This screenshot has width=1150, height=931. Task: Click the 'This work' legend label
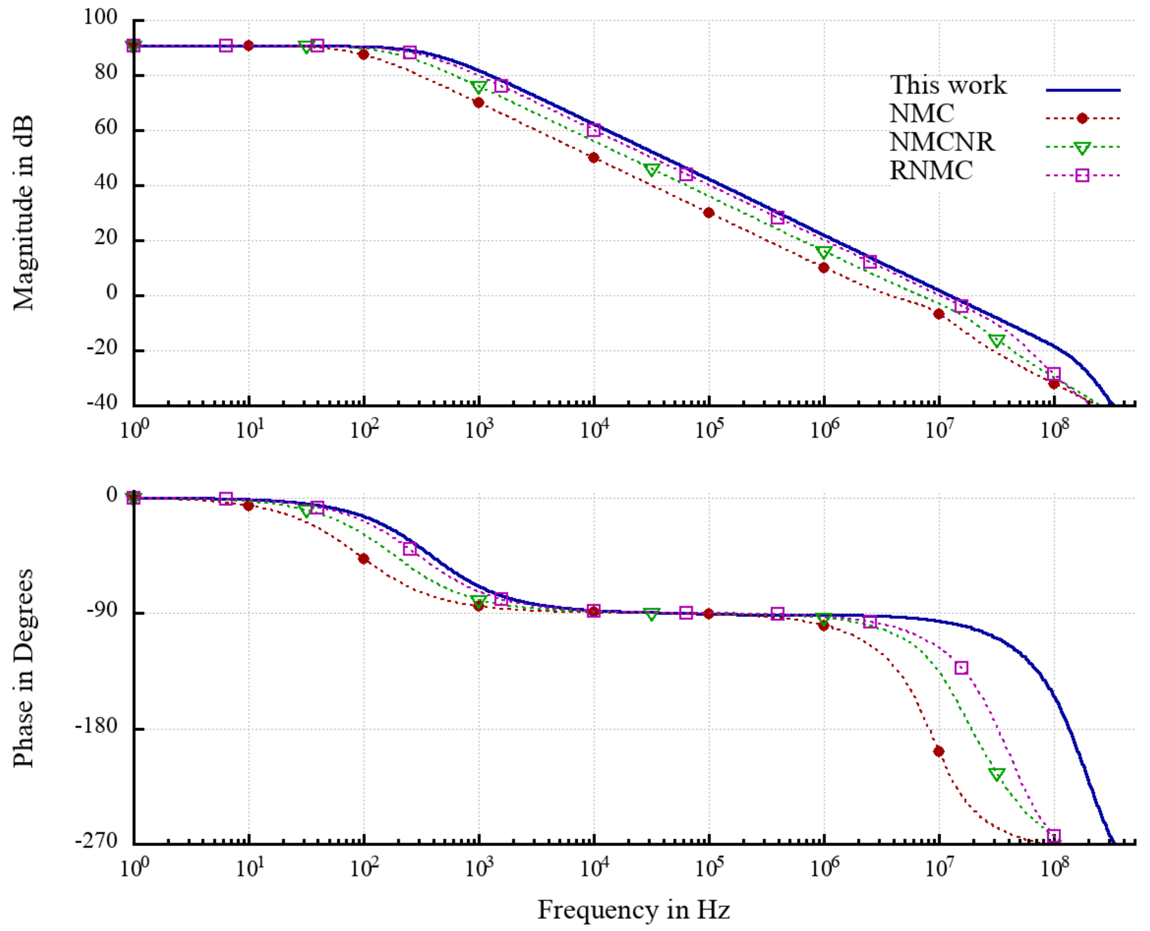[x=948, y=85]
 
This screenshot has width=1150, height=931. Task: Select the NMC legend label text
[x=922, y=113]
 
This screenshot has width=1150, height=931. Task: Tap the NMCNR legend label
[x=942, y=142]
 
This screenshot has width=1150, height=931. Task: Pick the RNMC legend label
[x=931, y=170]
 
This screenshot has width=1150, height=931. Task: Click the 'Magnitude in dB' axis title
[x=24, y=213]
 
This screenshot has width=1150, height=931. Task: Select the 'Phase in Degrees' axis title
[x=24, y=668]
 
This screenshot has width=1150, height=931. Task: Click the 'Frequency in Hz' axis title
[x=633, y=910]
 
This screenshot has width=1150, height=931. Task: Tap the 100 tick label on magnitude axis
[x=100, y=17]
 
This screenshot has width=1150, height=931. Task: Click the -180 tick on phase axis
[x=97, y=726]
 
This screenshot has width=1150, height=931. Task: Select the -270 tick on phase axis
[x=97, y=841]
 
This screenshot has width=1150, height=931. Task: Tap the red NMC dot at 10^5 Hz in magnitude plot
[x=708, y=213]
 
